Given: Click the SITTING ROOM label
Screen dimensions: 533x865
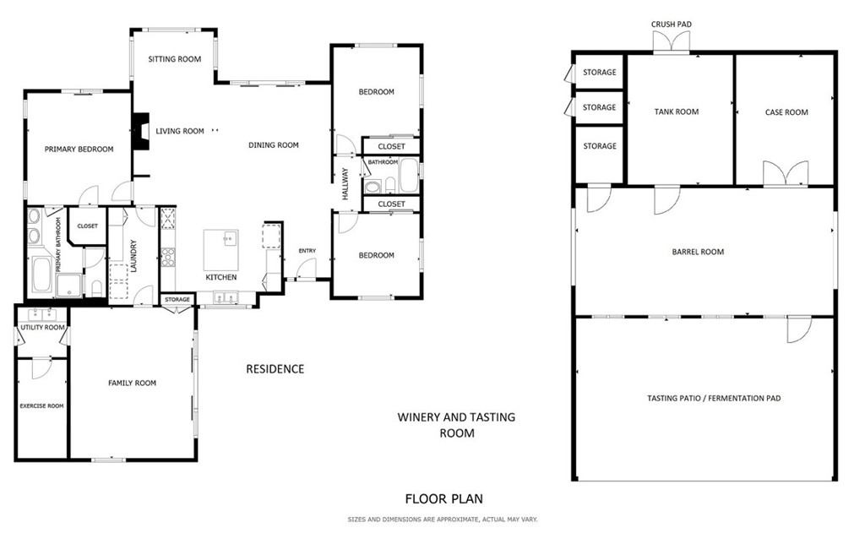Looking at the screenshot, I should point(174,59).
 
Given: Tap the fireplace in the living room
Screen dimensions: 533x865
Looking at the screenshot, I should point(141,132).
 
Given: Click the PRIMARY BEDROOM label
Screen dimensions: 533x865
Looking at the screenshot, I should point(79,150).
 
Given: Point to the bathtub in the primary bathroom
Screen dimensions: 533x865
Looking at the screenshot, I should point(40,274).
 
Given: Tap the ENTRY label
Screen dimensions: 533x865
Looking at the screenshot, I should point(307,251).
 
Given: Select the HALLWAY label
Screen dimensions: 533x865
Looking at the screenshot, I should point(345,183).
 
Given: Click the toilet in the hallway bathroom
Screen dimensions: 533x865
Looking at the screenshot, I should point(389,186).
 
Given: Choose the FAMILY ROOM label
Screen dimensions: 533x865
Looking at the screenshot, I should point(132,383).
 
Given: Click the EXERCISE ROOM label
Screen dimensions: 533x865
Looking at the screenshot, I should point(41,406).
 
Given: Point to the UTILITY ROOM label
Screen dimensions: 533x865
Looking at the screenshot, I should point(42,328).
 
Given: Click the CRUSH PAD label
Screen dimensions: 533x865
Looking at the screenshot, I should point(672,24).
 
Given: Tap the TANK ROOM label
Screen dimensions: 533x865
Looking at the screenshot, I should point(677,112).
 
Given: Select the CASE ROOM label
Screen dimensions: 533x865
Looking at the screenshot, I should point(786,112).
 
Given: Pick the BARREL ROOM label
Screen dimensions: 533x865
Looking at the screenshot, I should point(698,252).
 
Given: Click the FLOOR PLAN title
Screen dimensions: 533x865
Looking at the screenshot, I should point(443,499).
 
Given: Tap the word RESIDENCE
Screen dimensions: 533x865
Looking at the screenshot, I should point(275,369).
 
